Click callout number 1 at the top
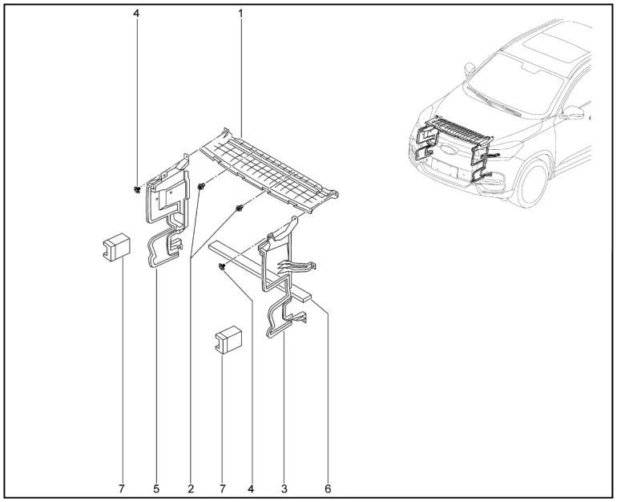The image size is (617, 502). click(x=240, y=14)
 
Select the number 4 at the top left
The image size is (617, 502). click(x=136, y=14)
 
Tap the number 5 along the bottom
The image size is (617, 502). click(x=156, y=489)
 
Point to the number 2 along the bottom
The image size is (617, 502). click(x=191, y=489)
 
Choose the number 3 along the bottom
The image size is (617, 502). click(x=284, y=489)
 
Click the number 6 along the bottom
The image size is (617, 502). click(x=328, y=489)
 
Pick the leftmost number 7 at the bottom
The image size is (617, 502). click(x=122, y=489)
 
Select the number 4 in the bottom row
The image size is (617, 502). click(x=251, y=489)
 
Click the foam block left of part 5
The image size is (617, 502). click(x=116, y=247)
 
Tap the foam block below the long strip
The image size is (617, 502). click(x=228, y=340)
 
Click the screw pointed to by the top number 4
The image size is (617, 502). click(x=137, y=189)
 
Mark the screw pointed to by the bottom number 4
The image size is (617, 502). click(x=222, y=267)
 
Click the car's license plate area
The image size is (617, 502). click(x=445, y=168)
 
